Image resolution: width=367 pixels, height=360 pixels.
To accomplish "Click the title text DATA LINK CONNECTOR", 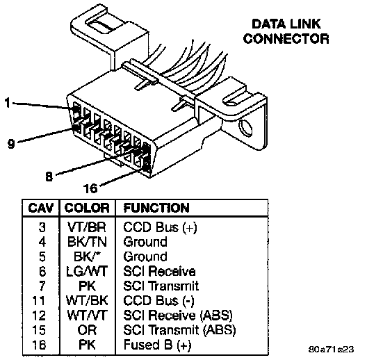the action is point(286,31).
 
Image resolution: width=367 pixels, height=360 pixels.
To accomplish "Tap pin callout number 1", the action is point(8,103).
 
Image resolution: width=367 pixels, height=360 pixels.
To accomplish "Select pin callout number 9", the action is point(11,143).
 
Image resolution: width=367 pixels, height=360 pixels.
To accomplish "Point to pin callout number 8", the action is point(49,176).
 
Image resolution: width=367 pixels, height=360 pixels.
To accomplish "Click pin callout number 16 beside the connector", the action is point(90,188).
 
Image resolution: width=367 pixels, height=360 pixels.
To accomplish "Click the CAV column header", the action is point(41,208).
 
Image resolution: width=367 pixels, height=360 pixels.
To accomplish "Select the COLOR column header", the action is point(87,208).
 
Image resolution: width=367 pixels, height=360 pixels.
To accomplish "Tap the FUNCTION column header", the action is point(156,208).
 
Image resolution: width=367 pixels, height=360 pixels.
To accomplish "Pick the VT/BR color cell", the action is point(87,227).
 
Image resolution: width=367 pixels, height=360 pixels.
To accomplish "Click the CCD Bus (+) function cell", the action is point(161,227).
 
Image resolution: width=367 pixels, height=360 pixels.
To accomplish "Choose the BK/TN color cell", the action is point(87,242).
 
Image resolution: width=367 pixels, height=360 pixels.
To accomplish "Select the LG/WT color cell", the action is point(87,271).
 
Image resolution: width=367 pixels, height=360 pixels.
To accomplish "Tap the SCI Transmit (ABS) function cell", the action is point(179,330).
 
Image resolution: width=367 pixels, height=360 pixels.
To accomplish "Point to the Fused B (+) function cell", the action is point(157,345).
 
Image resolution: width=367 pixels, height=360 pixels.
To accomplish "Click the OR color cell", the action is point(87,330).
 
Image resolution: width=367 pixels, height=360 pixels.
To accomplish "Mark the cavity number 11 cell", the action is point(39,301).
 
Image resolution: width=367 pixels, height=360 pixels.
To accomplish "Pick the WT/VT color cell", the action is point(87,316).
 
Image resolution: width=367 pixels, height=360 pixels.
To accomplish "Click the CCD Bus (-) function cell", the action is point(158,301).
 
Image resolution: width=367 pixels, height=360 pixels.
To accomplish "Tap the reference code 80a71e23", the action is point(331,350).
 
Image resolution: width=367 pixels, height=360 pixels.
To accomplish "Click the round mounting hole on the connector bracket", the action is point(245,128).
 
